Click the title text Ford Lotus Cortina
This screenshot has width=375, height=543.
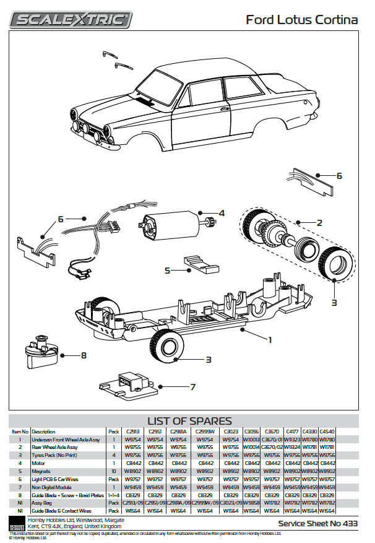(301, 20)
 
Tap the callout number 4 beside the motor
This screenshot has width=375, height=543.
(222, 214)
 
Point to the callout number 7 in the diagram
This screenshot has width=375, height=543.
(192, 387)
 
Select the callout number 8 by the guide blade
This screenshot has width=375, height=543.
(84, 355)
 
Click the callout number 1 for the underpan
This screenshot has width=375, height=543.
(269, 339)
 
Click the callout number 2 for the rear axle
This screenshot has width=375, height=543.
(319, 222)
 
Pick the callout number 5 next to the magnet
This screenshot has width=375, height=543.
(168, 270)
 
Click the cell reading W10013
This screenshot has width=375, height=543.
(251, 440)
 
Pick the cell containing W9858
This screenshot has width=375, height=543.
(251, 503)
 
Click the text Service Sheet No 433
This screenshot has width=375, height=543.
(317, 523)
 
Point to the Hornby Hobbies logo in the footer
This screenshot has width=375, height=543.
(17, 523)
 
